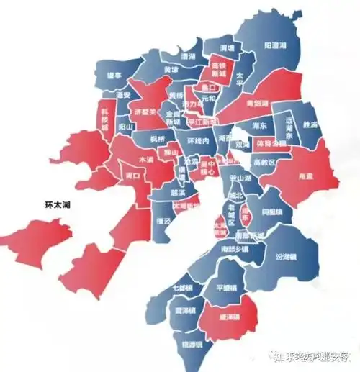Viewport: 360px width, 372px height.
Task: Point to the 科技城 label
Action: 105,124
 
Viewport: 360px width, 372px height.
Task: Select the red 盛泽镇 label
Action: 228,317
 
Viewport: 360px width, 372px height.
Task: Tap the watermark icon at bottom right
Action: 276,355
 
